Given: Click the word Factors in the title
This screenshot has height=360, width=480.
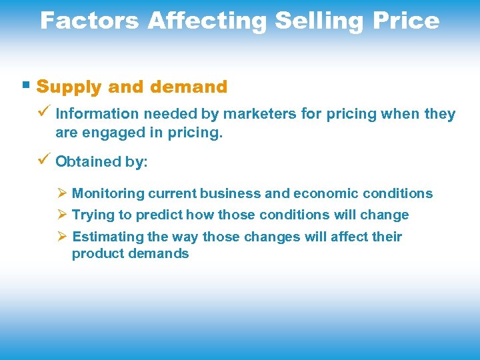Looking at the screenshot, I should (90, 21).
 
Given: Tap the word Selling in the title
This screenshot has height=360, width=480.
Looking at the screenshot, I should (317, 21).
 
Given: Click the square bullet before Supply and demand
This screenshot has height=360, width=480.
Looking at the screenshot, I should (25, 85).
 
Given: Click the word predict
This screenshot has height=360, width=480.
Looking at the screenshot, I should (159, 215).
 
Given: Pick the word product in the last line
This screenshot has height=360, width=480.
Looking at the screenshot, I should (95, 254).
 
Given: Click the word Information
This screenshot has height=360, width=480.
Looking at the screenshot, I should (93, 114).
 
